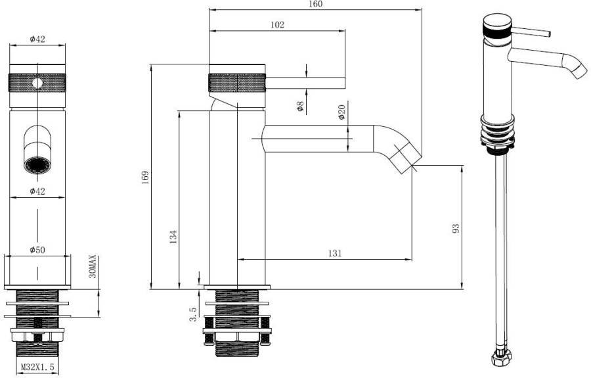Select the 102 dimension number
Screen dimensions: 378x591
[277, 24]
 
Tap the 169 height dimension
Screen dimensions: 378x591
[146, 177]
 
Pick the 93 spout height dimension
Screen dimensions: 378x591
[455, 228]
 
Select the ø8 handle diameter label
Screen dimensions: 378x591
[300, 106]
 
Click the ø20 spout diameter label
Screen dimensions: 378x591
[341, 112]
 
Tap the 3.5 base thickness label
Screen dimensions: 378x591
[193, 313]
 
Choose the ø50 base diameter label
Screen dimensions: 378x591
[37, 250]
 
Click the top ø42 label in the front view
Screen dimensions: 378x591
[37, 39]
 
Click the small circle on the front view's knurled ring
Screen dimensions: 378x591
[37, 83]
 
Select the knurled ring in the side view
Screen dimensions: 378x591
[237, 83]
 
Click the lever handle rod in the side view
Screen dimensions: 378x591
[305, 83]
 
